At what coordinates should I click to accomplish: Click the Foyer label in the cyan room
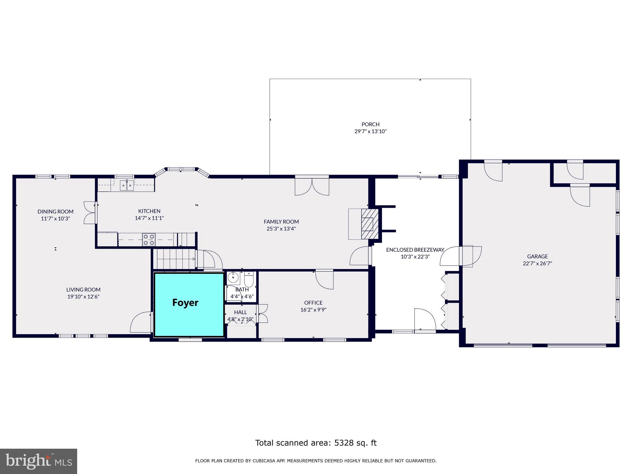(185, 303)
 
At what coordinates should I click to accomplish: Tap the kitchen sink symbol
(127, 185)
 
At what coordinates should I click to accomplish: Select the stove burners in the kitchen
(149, 240)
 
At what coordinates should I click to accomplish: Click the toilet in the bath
(249, 279)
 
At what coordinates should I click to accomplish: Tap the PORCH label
(370, 124)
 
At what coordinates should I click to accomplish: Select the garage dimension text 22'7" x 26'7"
(537, 264)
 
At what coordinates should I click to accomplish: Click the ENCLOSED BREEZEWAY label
(415, 250)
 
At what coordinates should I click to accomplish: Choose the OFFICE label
(313, 303)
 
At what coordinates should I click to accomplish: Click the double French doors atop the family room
(312, 186)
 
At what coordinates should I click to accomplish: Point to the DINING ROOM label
(56, 211)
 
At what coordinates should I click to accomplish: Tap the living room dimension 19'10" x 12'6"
(83, 297)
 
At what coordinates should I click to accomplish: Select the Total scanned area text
(316, 443)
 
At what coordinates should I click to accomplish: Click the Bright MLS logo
(38, 461)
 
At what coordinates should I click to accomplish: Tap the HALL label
(240, 312)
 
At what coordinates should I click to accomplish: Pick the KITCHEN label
(149, 211)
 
